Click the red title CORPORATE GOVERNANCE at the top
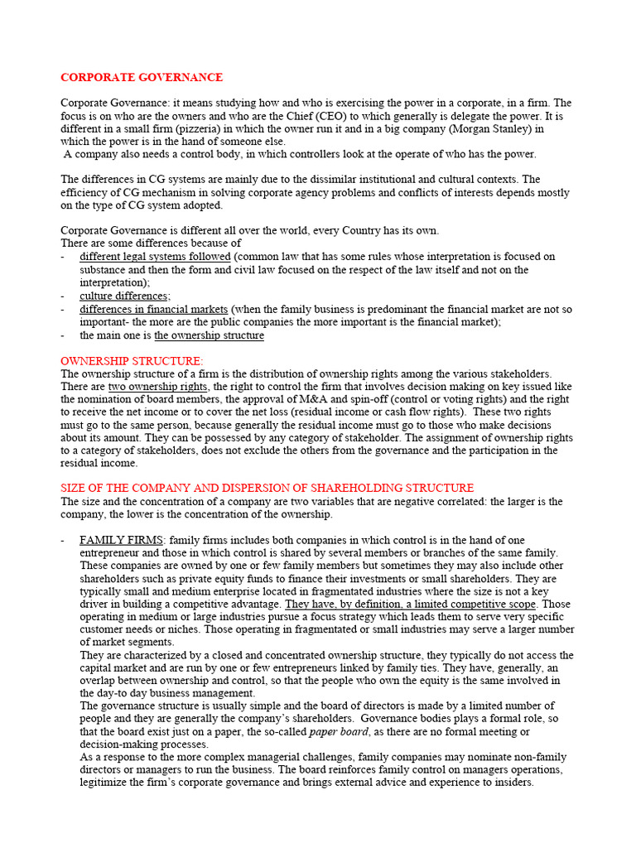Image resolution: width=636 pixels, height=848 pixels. coord(142,77)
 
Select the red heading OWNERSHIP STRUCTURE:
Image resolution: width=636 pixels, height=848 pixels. coord(132,361)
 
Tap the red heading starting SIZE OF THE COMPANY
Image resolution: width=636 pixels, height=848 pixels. coord(267,488)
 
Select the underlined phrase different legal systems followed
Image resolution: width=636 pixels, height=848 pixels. coord(155,257)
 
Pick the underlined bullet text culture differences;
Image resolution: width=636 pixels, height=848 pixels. coord(125,296)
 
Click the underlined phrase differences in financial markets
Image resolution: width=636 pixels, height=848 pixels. coord(153,309)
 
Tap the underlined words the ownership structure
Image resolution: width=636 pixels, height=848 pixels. coord(209,335)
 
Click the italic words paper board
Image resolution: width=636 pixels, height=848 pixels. coord(335,732)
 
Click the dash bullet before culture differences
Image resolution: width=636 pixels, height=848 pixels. coord(64,296)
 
